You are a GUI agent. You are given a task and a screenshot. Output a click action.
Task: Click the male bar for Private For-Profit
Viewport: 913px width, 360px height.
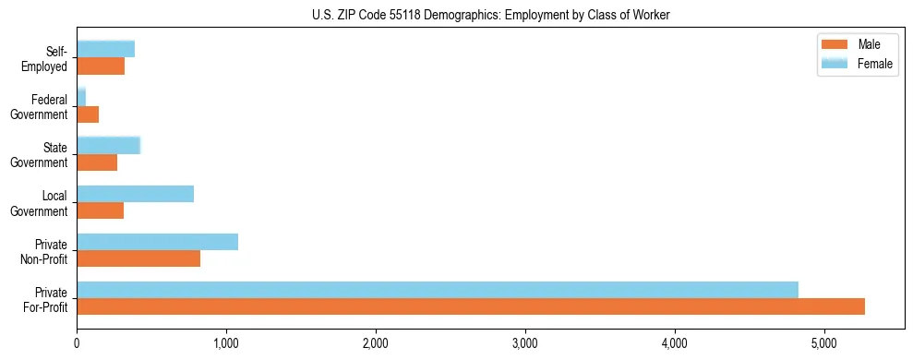(x=471, y=306)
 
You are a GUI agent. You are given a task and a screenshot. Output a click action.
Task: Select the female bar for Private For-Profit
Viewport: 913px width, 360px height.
(x=438, y=290)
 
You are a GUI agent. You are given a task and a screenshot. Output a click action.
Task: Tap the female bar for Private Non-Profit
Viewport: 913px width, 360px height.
(x=157, y=242)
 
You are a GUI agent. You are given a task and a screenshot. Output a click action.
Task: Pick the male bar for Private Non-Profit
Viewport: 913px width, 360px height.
(x=138, y=258)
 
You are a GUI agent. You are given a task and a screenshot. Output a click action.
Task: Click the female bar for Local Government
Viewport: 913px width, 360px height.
(x=135, y=194)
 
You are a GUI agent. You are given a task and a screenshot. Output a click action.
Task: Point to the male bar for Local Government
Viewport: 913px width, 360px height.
(x=100, y=210)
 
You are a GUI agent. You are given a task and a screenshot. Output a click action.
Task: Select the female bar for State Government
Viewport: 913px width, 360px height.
(x=108, y=145)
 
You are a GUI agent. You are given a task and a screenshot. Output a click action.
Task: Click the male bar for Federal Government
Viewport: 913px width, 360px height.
(x=88, y=114)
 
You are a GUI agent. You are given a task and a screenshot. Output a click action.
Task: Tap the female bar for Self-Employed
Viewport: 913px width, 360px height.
(x=105, y=49)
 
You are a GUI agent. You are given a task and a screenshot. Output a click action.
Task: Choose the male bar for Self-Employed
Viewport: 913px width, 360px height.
(x=101, y=66)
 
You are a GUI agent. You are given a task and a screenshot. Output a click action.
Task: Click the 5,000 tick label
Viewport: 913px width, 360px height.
(x=824, y=343)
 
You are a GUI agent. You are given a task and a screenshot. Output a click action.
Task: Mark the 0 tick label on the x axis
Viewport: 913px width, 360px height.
(x=77, y=343)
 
